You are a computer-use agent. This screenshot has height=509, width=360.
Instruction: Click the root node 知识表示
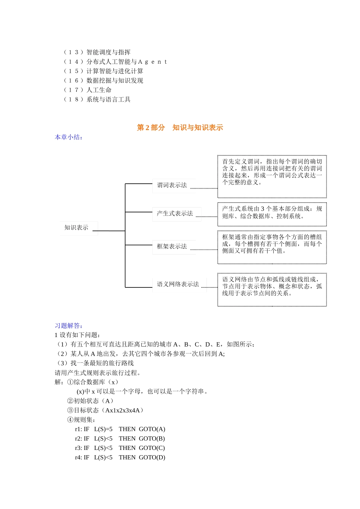(x=77, y=228)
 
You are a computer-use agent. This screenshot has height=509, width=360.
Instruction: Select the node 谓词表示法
(x=172, y=185)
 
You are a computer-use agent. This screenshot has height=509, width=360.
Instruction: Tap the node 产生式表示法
(x=175, y=214)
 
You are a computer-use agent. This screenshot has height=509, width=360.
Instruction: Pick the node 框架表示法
(x=172, y=247)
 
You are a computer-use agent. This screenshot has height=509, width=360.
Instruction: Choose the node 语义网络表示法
(x=178, y=284)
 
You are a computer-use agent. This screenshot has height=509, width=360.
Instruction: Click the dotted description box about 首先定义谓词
(x=272, y=176)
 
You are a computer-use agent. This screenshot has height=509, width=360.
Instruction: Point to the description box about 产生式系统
(x=272, y=214)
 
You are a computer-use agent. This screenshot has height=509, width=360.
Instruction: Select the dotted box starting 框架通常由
(x=272, y=247)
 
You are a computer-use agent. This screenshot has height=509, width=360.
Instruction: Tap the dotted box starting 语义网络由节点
(x=272, y=289)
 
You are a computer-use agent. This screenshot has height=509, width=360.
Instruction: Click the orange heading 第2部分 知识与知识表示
(x=180, y=128)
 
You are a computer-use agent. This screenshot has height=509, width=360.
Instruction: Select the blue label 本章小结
(x=68, y=137)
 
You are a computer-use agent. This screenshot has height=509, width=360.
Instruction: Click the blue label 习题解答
(x=68, y=326)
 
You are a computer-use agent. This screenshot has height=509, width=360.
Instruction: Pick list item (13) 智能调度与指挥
(x=97, y=52)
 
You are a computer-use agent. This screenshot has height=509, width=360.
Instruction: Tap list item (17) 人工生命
(x=88, y=90)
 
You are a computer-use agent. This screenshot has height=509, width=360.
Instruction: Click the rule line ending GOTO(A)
(x=120, y=429)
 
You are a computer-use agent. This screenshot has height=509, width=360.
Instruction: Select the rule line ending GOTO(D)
(x=120, y=457)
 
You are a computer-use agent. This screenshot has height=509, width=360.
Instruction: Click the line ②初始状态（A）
(x=90, y=401)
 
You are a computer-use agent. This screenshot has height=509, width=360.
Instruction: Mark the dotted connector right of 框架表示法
(x=203, y=250)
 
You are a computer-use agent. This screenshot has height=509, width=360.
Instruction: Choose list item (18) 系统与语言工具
(x=97, y=100)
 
